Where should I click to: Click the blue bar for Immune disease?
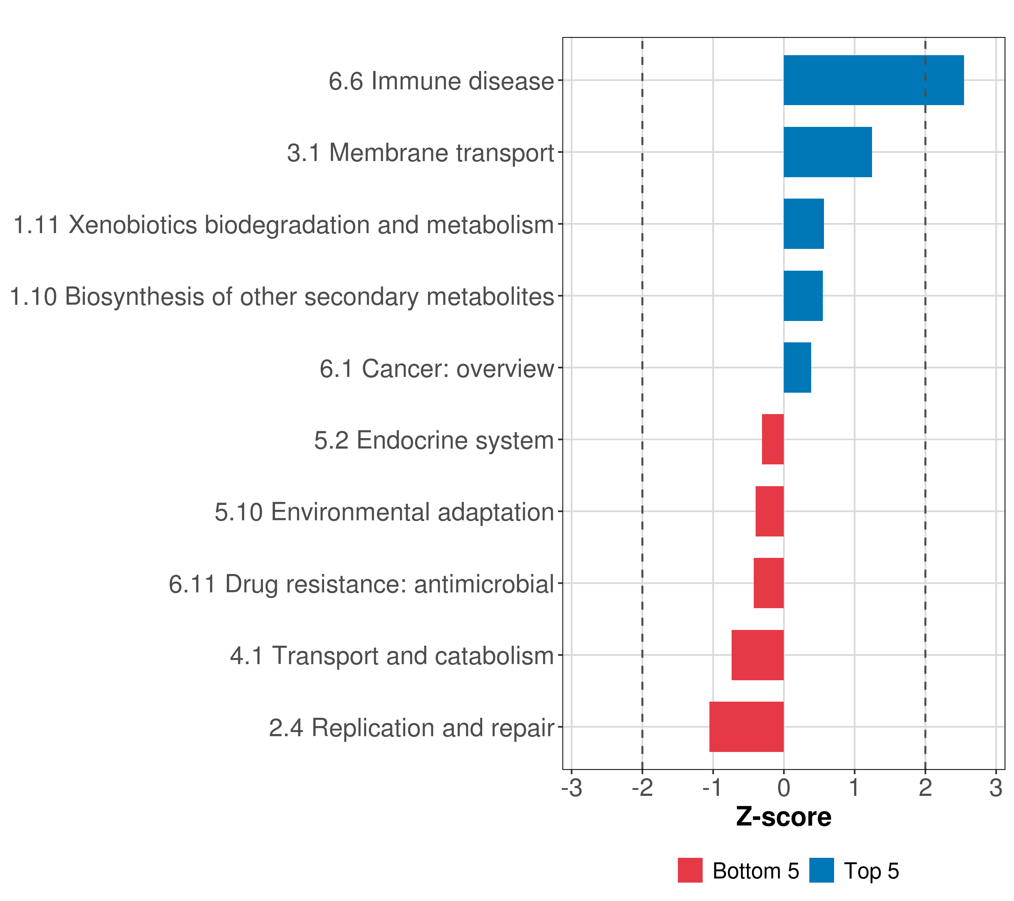pos(873,80)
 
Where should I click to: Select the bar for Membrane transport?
pos(827,152)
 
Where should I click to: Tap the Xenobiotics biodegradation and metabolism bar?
pos(804,224)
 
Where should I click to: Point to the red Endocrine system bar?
pos(773,439)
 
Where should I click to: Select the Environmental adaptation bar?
pos(770,511)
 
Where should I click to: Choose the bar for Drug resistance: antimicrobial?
pos(768,583)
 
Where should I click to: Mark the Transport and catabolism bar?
pos(757,655)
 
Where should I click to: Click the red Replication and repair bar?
pos(747,727)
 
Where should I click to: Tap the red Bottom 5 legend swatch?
pos(690,870)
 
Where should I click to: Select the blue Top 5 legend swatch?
pos(821,870)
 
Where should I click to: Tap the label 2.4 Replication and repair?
pos(411,728)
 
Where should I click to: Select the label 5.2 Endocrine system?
pos(434,440)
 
